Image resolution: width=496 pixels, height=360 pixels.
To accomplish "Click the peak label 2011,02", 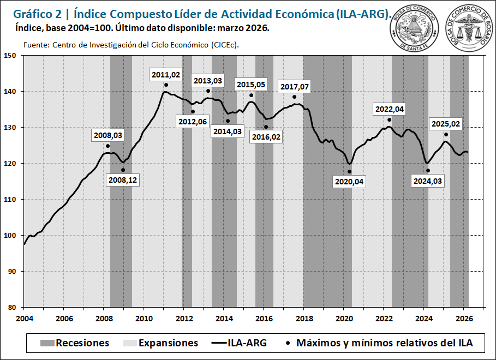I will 166,75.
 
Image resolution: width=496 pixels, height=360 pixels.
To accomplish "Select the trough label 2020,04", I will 348,182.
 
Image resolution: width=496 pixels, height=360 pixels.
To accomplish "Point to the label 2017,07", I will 294,87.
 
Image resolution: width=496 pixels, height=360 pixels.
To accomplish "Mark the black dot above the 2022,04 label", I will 389,120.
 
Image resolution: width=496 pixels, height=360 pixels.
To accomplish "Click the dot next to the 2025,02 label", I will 446,135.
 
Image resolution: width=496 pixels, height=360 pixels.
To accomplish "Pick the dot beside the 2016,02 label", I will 266,127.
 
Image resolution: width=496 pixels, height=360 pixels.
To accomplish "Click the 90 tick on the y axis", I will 13,272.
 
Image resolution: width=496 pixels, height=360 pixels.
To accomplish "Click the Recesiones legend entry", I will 74,343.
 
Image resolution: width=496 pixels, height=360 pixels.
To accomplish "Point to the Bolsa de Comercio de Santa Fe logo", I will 414,28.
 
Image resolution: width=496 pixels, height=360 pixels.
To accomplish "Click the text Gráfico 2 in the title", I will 33,14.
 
